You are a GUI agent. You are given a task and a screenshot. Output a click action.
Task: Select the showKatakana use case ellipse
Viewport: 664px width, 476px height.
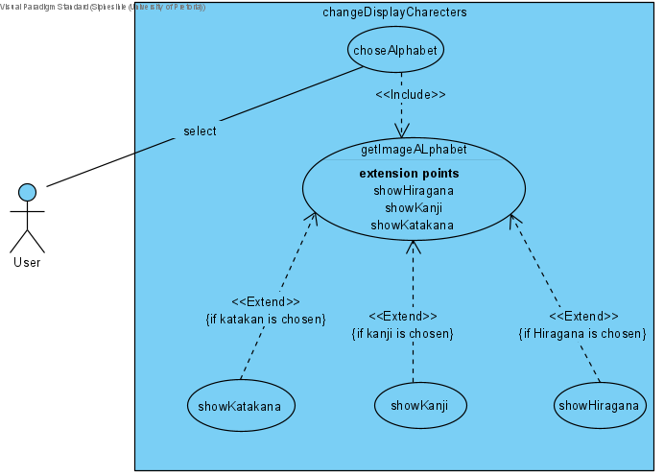pyautogui.click(x=240, y=406)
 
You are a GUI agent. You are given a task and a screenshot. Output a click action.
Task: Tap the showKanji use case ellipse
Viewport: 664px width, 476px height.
pyautogui.click(x=420, y=405)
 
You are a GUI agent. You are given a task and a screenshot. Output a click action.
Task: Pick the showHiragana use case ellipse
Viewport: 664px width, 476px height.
pyautogui.click(x=596, y=406)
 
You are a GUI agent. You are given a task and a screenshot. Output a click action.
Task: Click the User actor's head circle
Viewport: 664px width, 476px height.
pyautogui.click(x=28, y=192)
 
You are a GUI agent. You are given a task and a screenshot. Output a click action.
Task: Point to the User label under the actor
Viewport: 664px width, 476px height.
pyautogui.click(x=27, y=262)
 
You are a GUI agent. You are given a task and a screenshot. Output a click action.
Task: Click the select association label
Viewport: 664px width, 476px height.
pyautogui.click(x=200, y=131)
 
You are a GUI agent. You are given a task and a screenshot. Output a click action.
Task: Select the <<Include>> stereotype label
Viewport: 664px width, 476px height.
pyautogui.click(x=410, y=95)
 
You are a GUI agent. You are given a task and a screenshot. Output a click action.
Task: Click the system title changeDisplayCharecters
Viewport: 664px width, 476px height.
pyautogui.click(x=396, y=13)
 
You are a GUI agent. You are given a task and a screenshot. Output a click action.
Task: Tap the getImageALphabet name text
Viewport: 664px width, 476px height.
pyautogui.click(x=414, y=150)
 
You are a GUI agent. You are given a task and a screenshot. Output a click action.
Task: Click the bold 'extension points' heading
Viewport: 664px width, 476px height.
pyautogui.click(x=409, y=174)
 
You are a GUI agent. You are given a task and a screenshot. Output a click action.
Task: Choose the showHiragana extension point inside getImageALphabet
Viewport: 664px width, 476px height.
pyautogui.click(x=414, y=191)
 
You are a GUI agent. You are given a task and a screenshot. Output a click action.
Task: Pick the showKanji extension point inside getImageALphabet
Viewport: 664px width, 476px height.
pyautogui.click(x=413, y=208)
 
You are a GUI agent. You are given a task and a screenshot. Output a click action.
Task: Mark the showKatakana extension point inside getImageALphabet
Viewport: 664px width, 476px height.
pyautogui.click(x=413, y=226)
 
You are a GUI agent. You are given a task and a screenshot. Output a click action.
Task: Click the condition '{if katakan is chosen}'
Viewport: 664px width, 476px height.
pyautogui.click(x=266, y=319)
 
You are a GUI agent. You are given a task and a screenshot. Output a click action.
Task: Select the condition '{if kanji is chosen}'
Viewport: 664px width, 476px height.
pyautogui.click(x=402, y=334)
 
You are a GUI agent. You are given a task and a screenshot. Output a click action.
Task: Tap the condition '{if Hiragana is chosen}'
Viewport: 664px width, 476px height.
pyautogui.click(x=582, y=334)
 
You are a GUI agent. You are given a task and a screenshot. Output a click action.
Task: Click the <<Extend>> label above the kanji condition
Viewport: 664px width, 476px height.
pyautogui.click(x=402, y=317)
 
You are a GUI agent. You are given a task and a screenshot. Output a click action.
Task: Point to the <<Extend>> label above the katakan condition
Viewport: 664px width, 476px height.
pyautogui.click(x=266, y=301)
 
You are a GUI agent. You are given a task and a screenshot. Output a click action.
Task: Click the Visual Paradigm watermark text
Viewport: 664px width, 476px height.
pyautogui.click(x=103, y=6)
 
